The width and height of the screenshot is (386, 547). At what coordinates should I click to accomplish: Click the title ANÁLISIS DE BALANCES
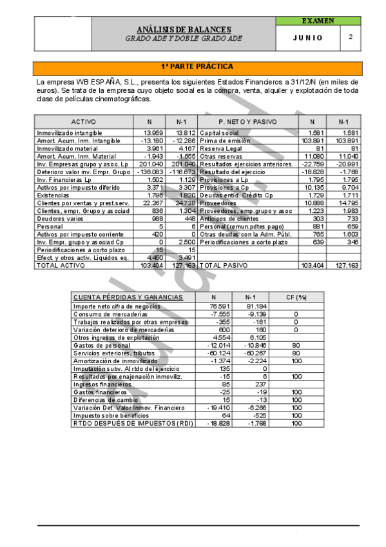click(x=184, y=30)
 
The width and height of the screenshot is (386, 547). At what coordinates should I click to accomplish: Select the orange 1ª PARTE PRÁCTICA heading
click(x=197, y=67)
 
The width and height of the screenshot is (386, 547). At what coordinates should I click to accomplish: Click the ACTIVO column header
click(x=84, y=122)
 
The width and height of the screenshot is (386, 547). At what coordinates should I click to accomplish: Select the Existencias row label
click(x=52, y=195)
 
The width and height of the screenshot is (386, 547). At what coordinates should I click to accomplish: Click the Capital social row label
click(x=219, y=132)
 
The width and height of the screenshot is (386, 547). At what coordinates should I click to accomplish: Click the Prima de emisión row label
click(x=220, y=140)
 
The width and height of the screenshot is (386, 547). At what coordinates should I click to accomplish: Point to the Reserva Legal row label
click(x=219, y=148)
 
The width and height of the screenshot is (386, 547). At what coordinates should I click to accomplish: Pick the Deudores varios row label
click(x=56, y=218)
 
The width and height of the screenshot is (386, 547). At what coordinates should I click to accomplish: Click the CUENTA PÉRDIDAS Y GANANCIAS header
click(x=128, y=297)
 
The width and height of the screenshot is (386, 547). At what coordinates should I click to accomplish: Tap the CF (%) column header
click(x=296, y=297)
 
